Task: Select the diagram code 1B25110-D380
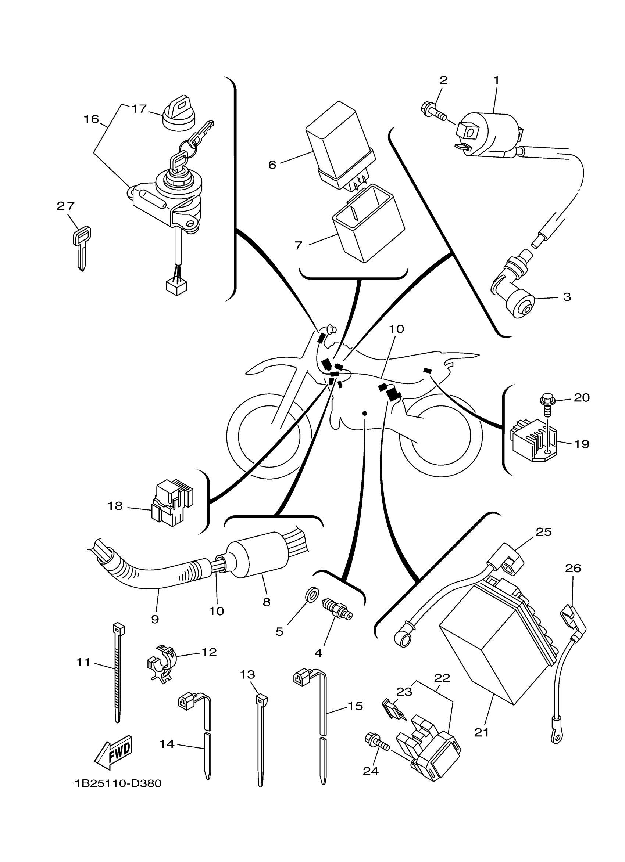point(118,784)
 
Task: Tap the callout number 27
point(65,206)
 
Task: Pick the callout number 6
point(272,165)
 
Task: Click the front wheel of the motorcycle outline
point(269,435)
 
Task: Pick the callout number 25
point(543,532)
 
